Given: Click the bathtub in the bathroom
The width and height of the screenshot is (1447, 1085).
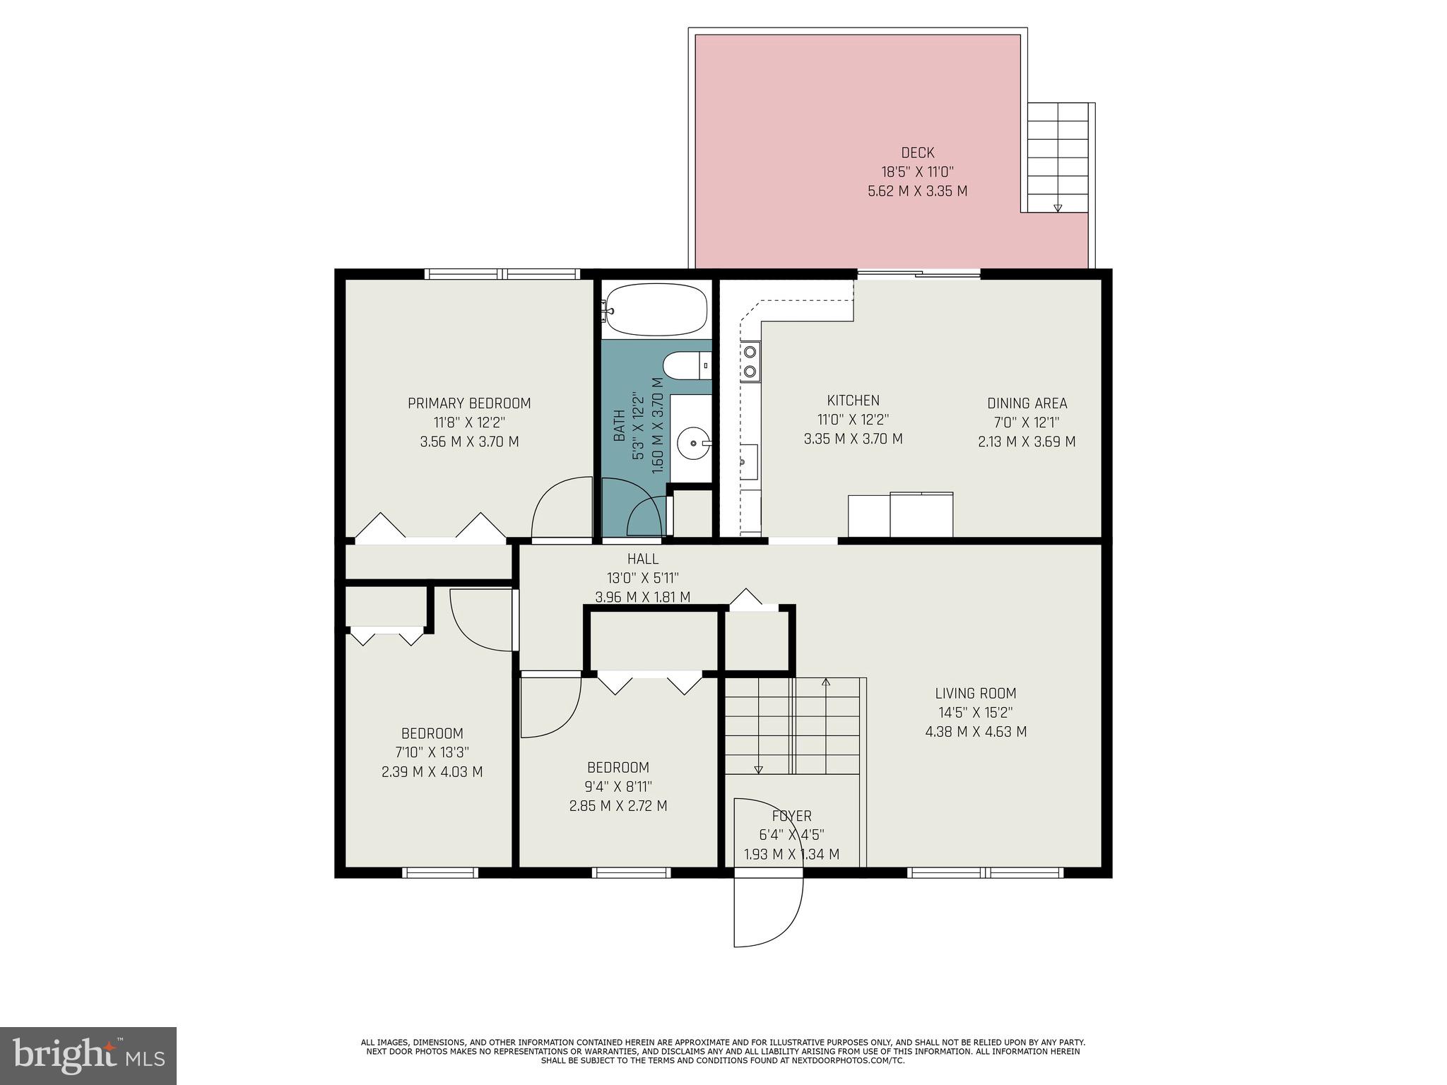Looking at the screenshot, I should [x=657, y=309].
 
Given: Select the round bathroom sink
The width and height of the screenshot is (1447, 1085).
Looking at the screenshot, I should [x=692, y=444].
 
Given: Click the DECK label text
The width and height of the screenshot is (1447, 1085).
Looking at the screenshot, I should [x=917, y=153].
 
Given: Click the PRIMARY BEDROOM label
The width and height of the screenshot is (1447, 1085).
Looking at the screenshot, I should [x=469, y=403].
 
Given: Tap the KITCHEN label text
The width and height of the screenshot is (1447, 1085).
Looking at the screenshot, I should [x=853, y=401].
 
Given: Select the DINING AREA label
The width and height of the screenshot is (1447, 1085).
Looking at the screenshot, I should [x=1027, y=403].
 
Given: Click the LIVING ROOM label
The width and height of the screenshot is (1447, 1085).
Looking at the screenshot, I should [x=976, y=694].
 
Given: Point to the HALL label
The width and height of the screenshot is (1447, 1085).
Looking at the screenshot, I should [x=642, y=559].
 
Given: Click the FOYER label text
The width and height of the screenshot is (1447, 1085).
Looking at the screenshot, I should [x=791, y=816].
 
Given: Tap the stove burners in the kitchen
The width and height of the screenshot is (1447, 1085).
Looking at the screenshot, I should [x=750, y=360].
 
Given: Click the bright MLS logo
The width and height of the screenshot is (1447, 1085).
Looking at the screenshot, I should [x=88, y=1055].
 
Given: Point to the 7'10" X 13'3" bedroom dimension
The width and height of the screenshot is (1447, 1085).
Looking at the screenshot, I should [x=432, y=752].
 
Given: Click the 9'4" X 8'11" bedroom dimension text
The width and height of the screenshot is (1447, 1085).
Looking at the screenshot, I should [x=618, y=786].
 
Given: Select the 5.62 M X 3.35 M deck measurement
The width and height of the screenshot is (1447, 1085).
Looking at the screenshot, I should [x=917, y=191].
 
